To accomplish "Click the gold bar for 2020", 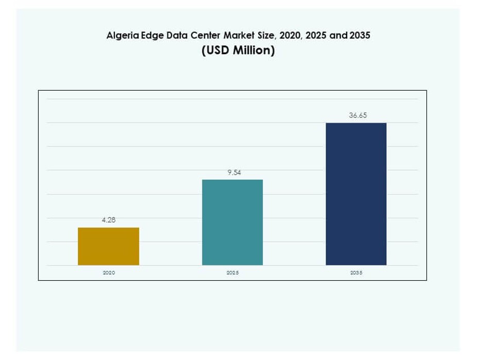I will (108, 246).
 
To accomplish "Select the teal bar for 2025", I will (232, 222).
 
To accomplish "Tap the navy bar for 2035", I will (356, 194).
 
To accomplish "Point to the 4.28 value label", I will (109, 220).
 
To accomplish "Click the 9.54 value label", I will (233, 173).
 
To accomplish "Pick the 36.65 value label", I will (357, 116).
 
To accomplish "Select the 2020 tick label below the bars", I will (109, 272).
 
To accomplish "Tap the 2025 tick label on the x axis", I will (232, 272).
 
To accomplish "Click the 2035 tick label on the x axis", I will (356, 272).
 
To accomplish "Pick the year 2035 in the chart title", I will (360, 37).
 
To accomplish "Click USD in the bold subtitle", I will (216, 52).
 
